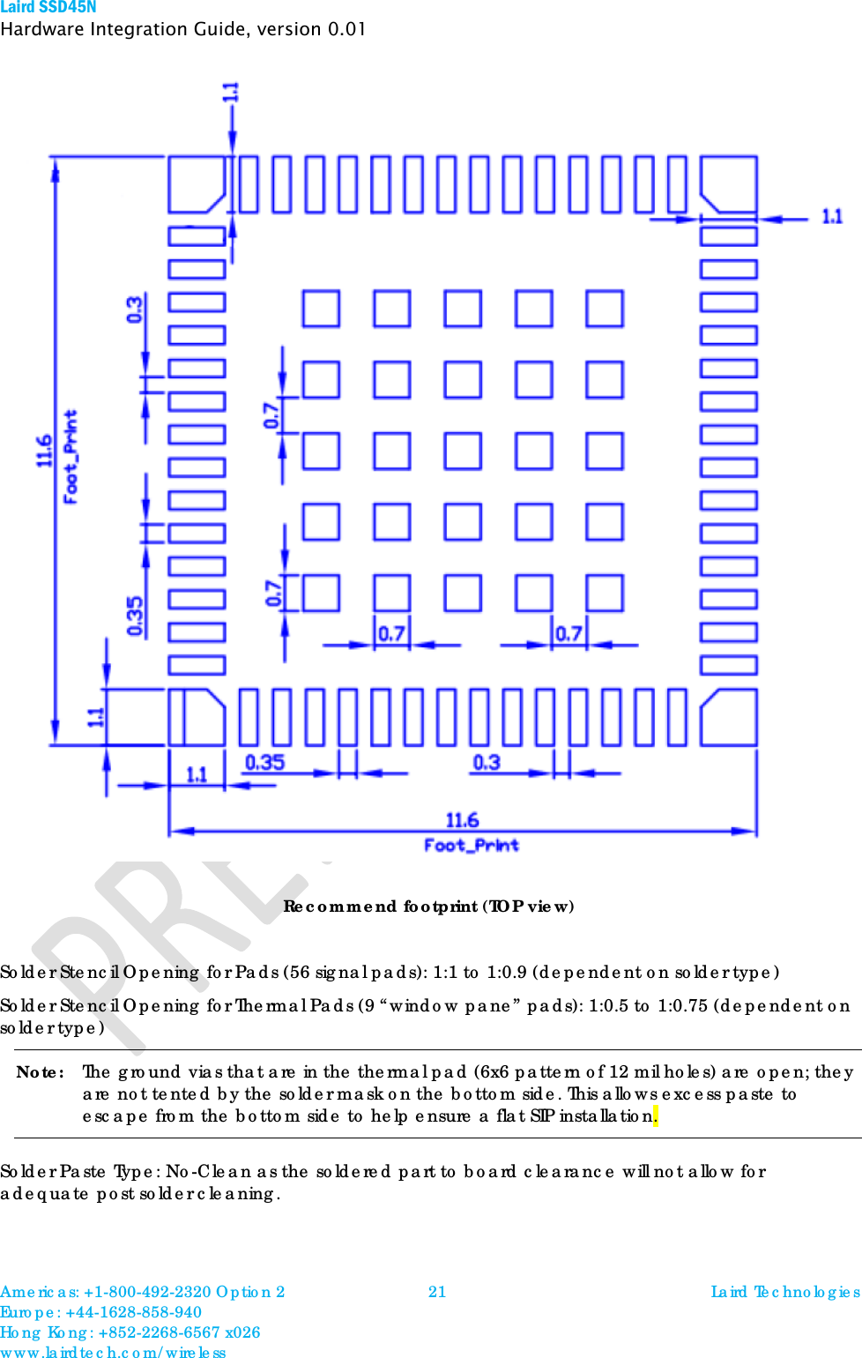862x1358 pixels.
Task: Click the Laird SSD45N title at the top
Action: (x=48, y=7)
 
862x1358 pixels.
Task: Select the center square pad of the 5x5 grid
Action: (x=463, y=451)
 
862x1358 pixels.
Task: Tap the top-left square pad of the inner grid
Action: (x=321, y=309)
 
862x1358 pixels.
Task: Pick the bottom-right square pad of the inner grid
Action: (x=605, y=593)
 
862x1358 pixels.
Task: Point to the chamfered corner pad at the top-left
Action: (x=196, y=184)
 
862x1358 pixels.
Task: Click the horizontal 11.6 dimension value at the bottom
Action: (x=462, y=820)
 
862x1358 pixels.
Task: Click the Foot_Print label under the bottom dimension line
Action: (x=472, y=845)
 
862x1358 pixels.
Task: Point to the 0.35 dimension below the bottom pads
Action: (x=264, y=762)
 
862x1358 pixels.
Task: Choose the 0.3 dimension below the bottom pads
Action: (x=487, y=762)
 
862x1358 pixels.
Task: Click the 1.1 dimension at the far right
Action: (x=832, y=216)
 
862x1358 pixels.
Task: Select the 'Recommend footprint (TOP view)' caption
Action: (x=428, y=907)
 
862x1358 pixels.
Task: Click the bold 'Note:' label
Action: (x=41, y=1072)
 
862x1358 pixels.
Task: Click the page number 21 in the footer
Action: (x=437, y=1292)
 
